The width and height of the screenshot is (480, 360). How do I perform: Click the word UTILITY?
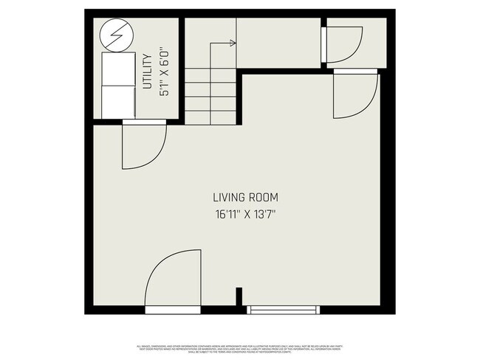[147, 71]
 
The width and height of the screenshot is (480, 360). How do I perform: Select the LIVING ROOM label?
[245, 198]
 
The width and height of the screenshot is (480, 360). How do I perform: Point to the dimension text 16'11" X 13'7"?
[245, 215]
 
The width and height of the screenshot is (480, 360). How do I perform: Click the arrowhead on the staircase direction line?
[233, 44]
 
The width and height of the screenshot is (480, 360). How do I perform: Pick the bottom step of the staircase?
[211, 117]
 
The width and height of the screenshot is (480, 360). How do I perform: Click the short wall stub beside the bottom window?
[239, 295]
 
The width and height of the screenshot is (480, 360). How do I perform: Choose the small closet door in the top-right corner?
[343, 44]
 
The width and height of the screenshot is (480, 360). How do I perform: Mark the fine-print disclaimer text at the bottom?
[240, 347]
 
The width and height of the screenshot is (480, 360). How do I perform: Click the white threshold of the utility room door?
[145, 121]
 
